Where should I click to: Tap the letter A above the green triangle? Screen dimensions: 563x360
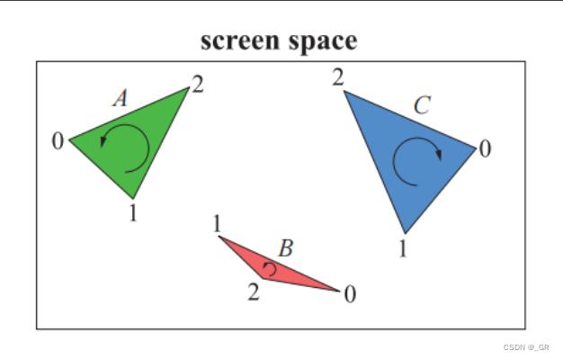click(x=120, y=98)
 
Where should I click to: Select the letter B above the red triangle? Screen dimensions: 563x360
click(x=285, y=248)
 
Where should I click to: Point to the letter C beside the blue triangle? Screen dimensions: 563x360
click(x=422, y=105)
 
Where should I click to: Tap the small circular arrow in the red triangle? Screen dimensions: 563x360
click(x=268, y=268)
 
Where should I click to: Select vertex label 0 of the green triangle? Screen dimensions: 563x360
click(x=58, y=142)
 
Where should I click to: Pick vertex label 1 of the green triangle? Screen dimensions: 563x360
click(x=132, y=213)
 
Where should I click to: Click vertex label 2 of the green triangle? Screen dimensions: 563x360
click(x=197, y=85)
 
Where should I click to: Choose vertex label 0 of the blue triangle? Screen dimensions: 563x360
click(x=485, y=148)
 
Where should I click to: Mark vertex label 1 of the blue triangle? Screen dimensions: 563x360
click(x=403, y=248)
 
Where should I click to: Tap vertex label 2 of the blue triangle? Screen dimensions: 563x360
click(x=337, y=78)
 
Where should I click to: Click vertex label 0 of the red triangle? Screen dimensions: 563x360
click(x=350, y=294)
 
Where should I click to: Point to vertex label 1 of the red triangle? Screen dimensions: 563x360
click(x=217, y=223)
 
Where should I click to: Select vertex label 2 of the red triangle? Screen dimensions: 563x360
click(x=254, y=292)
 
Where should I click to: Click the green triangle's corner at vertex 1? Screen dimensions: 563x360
click(x=133, y=198)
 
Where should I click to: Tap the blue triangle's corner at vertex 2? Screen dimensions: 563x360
click(x=344, y=91)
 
